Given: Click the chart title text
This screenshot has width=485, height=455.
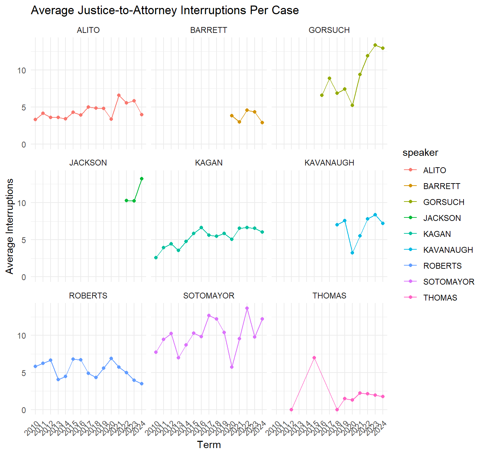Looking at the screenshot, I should [x=165, y=10].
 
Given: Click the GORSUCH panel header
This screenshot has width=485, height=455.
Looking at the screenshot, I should [x=329, y=30].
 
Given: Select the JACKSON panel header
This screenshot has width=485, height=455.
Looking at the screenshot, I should [x=88, y=163].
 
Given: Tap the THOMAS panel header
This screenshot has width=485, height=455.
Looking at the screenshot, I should [x=329, y=296].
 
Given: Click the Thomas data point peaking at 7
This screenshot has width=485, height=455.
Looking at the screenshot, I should [x=314, y=358].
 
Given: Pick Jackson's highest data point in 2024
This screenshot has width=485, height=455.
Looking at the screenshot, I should [x=142, y=179].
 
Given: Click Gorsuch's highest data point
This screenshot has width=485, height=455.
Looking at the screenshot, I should [x=375, y=45].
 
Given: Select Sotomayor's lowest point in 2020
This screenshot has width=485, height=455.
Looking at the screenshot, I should [x=232, y=367].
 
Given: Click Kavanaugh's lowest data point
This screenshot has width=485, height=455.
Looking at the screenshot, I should [x=352, y=253].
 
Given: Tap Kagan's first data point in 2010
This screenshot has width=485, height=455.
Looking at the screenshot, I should [x=156, y=258].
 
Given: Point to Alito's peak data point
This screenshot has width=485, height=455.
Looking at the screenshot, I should [x=119, y=95].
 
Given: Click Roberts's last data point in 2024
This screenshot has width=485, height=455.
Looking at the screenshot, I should [x=142, y=384].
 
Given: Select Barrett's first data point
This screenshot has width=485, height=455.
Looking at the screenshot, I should [x=232, y=116].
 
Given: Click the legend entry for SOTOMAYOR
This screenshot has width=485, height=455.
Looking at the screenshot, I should [x=448, y=282].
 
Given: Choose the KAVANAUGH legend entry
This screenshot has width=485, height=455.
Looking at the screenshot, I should [x=448, y=250].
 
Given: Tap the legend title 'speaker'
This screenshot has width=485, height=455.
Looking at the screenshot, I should [x=420, y=153].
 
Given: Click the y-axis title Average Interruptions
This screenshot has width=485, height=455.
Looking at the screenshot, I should [x=10, y=226].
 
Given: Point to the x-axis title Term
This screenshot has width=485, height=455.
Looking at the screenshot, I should [x=209, y=445].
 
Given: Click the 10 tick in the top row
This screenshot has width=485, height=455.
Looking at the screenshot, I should [x=22, y=71].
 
